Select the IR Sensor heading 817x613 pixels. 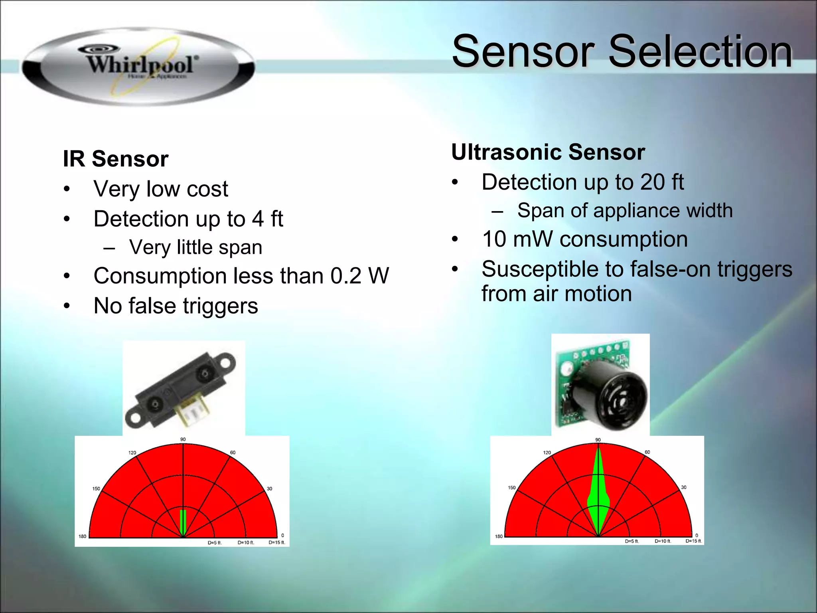click(x=116, y=159)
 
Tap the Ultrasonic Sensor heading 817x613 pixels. click(x=548, y=152)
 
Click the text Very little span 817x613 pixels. click(x=195, y=247)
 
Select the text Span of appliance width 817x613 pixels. click(x=625, y=210)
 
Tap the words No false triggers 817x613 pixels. click(x=176, y=306)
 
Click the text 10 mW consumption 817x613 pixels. click(x=584, y=239)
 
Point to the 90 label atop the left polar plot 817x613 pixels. click(x=183, y=439)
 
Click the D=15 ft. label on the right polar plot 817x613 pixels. click(x=694, y=541)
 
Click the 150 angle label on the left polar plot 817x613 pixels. click(x=96, y=488)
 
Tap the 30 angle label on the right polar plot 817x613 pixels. click(x=684, y=487)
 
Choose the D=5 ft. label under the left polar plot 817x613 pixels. click(x=215, y=543)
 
